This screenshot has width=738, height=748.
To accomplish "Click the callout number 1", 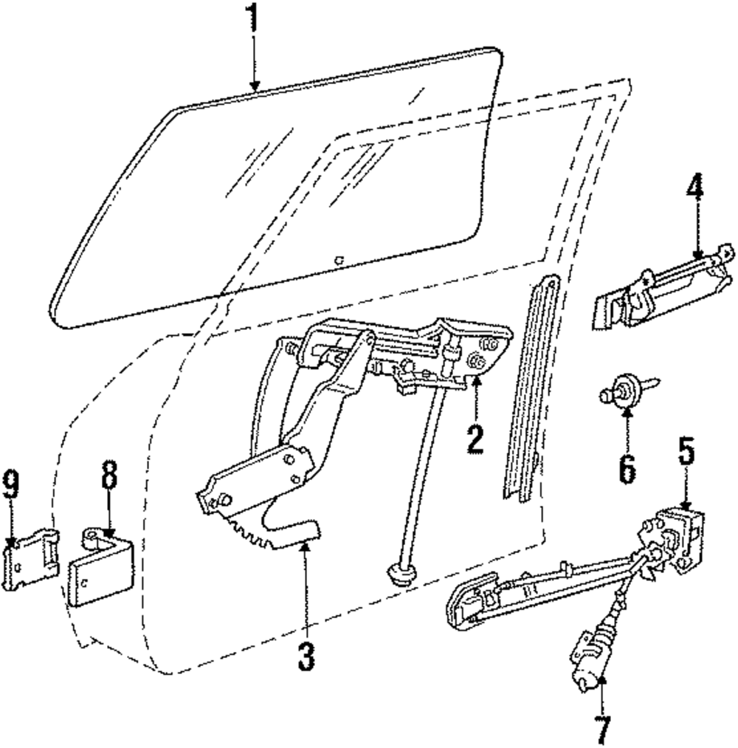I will tap(253, 18).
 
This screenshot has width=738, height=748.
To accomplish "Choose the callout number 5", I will tap(687, 453).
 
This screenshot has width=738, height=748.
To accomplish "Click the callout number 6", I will tap(627, 469).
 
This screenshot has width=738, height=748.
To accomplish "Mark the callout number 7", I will tap(603, 730).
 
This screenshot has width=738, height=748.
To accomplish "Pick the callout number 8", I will tap(109, 477).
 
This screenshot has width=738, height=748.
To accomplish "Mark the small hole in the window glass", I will tap(337, 258).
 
